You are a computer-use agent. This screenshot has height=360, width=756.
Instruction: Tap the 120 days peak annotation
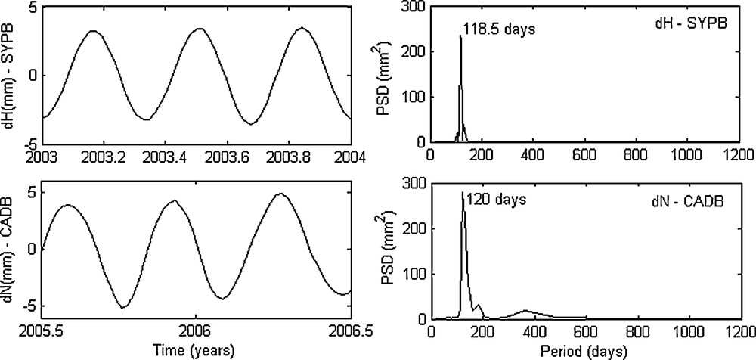[x=495, y=201]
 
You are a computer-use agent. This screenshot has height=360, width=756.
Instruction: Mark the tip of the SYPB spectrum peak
[x=460, y=36]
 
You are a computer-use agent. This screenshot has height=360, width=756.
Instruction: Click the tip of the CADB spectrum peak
[x=462, y=193]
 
